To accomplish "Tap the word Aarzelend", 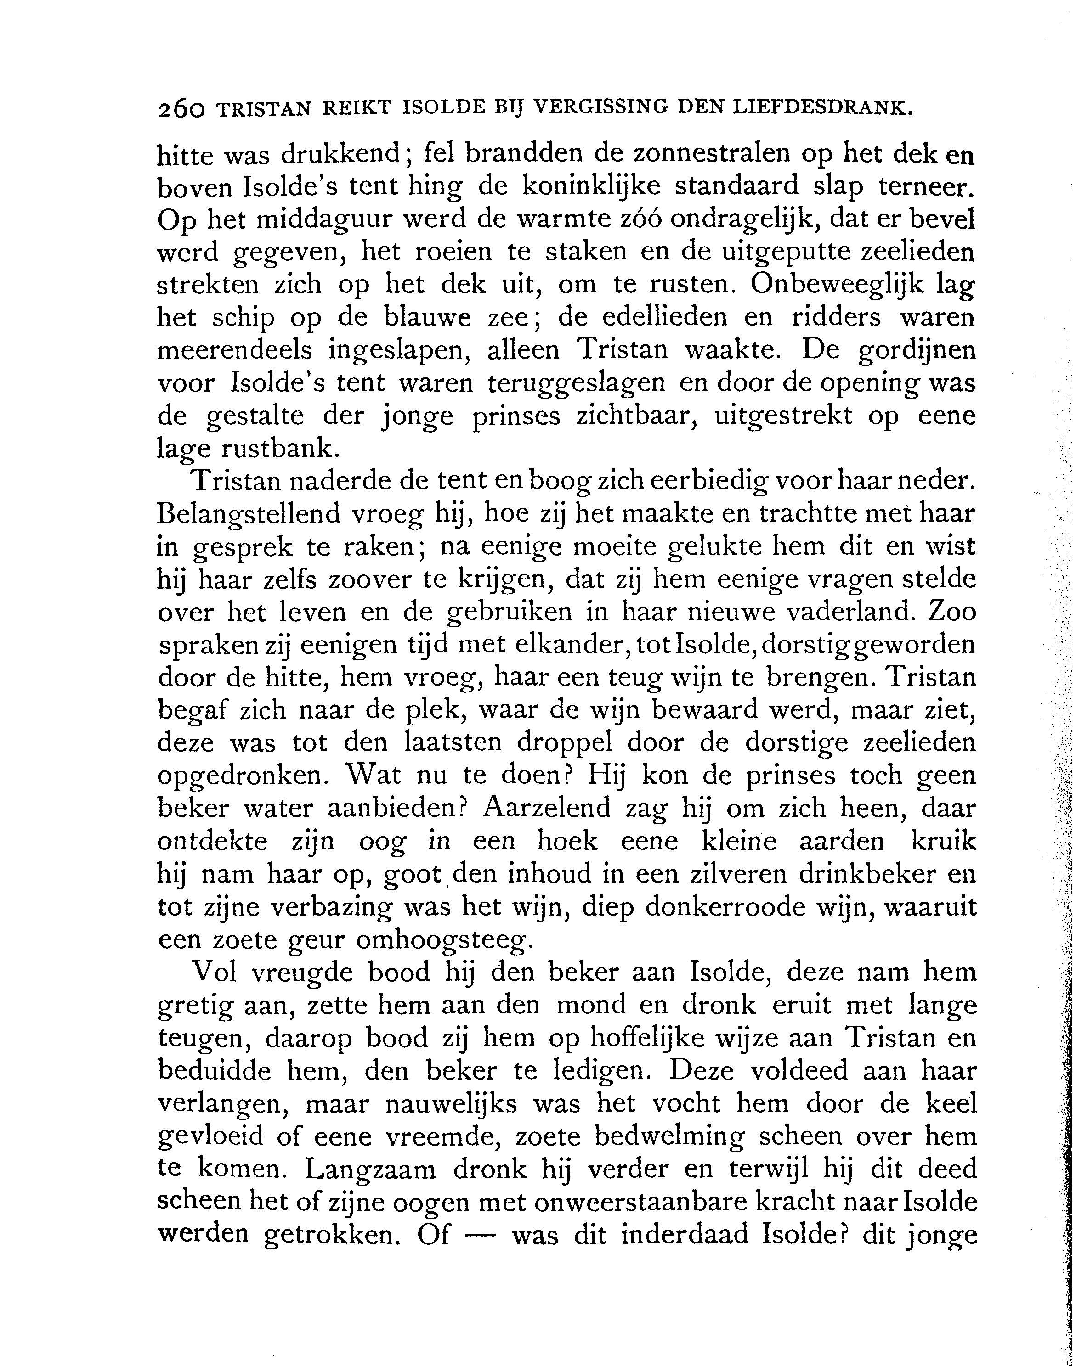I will click(546, 809).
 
